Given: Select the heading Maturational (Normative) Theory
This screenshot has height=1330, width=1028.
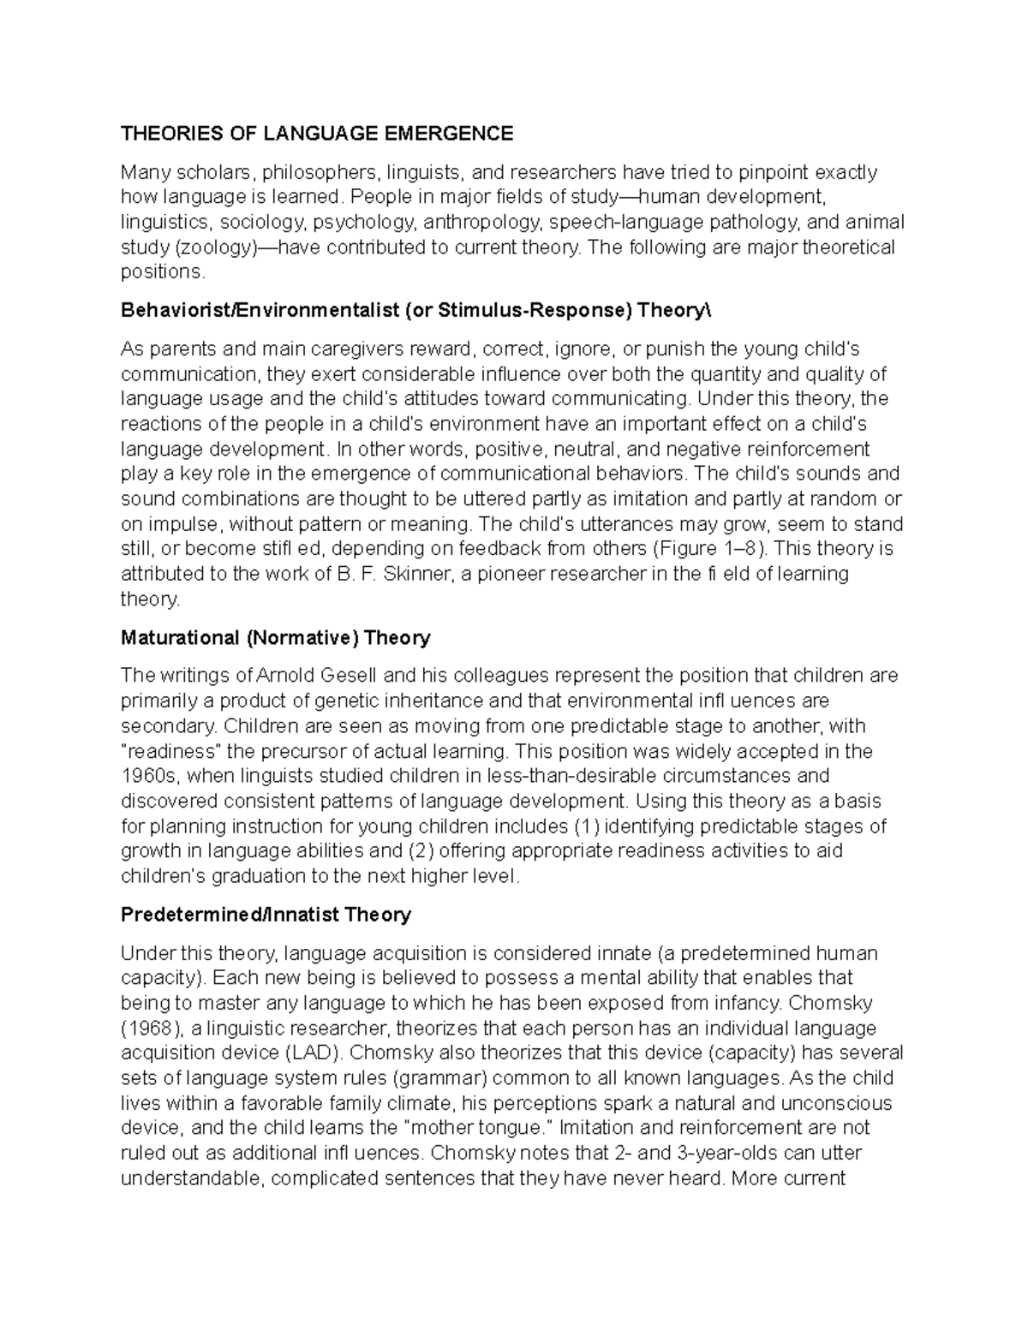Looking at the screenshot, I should (x=275, y=638).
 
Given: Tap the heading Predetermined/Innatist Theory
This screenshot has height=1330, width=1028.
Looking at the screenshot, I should (x=266, y=915).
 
